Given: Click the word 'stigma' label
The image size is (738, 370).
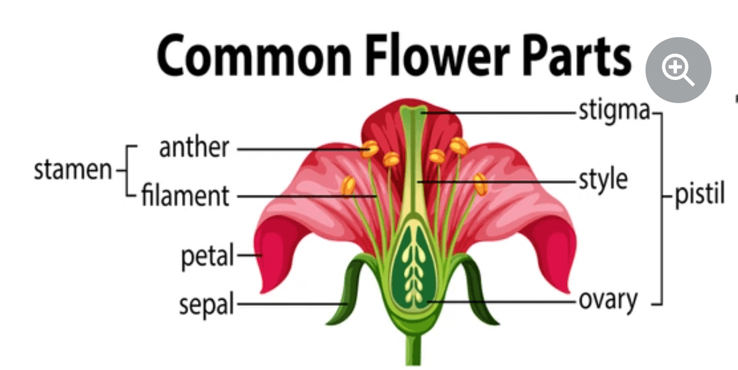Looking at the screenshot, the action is coord(615,112).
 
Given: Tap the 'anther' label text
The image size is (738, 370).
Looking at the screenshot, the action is coord(194,148).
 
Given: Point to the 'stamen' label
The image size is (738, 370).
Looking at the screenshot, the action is coord(73,170).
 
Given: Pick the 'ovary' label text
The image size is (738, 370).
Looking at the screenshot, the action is coord(608,301).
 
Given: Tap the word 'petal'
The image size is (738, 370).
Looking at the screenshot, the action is coord(207,255).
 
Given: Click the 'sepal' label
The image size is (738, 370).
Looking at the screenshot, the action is coord(206,304).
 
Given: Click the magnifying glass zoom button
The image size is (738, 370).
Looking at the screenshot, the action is coord(678,70).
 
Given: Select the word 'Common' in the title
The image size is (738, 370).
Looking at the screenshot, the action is coord(254,56).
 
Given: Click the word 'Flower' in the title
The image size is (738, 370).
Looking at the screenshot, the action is coord(438,55).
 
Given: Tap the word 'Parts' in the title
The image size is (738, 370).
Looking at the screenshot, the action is coord(577,56).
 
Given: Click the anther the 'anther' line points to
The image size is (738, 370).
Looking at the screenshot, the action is coord(370,149).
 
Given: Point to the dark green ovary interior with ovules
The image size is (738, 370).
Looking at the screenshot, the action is coord(414,267).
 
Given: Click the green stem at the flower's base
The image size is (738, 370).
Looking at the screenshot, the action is coord(413,350).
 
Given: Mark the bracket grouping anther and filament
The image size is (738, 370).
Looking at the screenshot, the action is coord(127,170).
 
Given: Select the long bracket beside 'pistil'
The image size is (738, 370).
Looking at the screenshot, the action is coord(661,209).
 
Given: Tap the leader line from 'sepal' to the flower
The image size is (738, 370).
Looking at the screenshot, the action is coord(291,304).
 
